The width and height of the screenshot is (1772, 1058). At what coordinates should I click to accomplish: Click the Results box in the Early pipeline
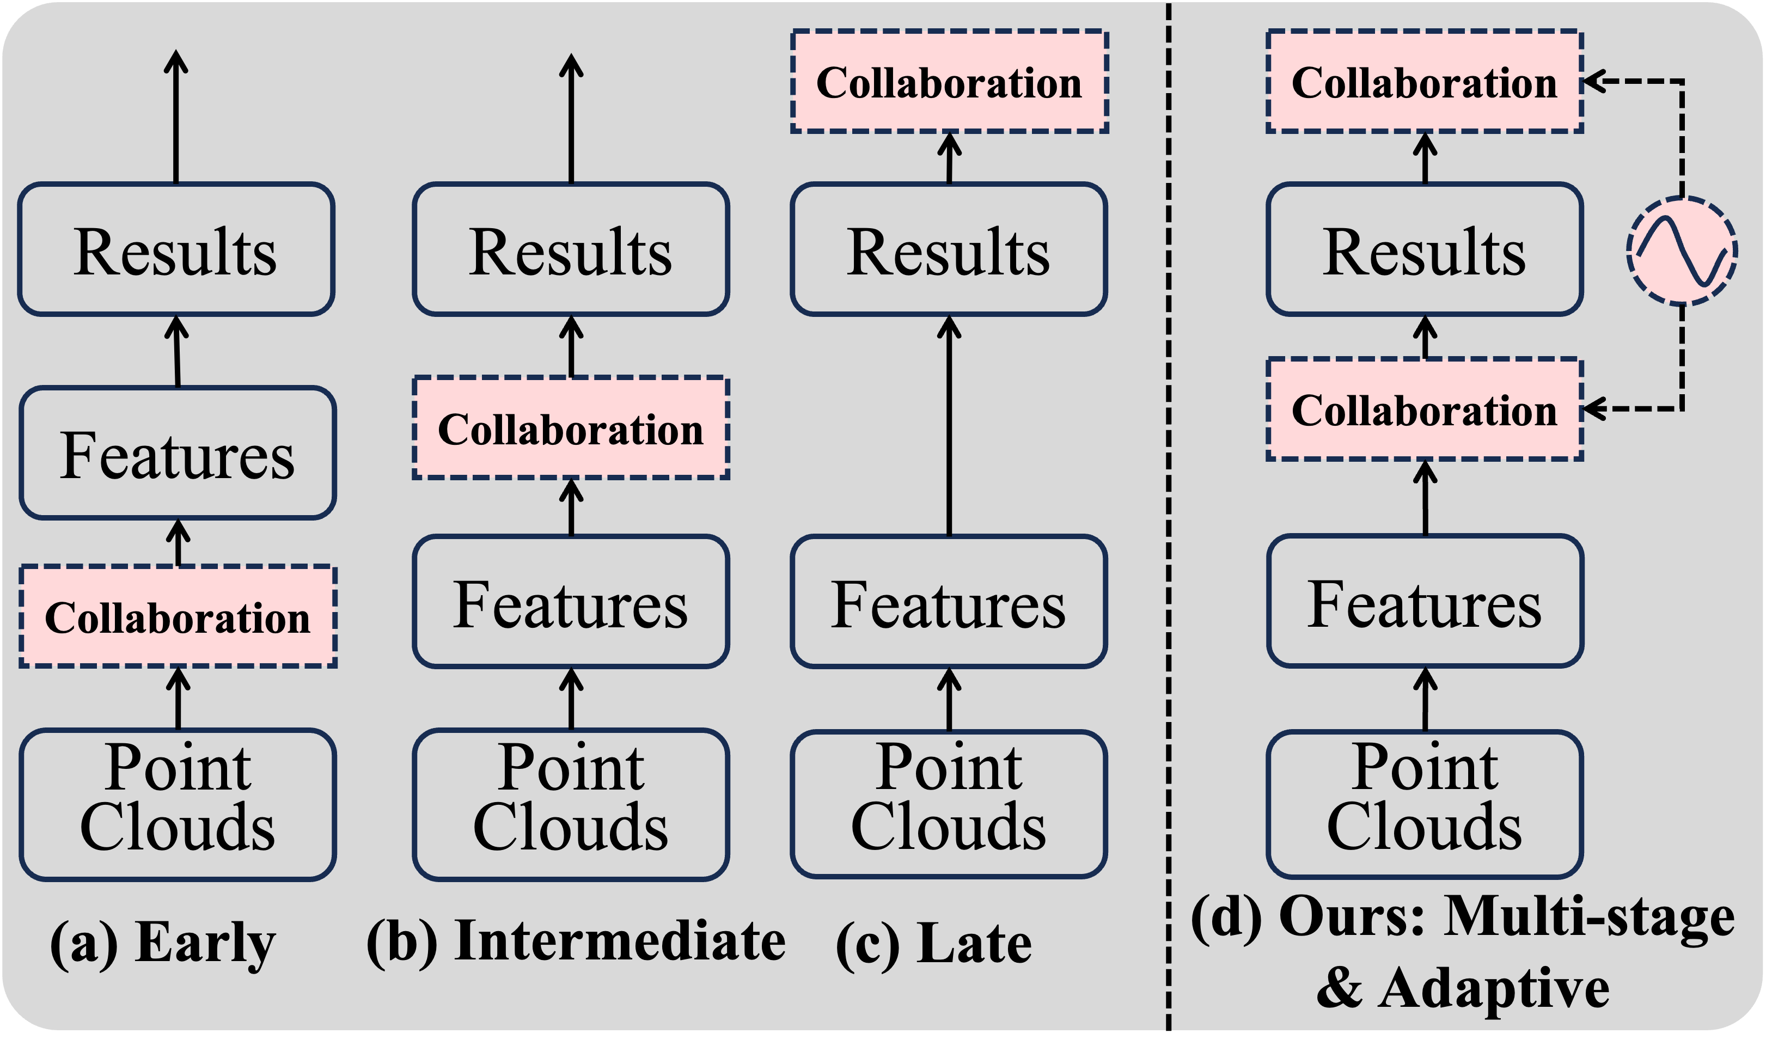[176, 249]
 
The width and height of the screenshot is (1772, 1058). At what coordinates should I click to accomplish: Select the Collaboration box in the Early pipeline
[178, 617]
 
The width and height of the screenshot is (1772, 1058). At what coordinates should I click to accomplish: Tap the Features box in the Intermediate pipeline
[570, 602]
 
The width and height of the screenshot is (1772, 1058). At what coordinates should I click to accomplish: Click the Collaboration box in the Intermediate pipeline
[570, 428]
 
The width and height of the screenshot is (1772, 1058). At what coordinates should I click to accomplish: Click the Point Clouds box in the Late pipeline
[949, 804]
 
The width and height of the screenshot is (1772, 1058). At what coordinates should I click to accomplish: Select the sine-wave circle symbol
[1682, 251]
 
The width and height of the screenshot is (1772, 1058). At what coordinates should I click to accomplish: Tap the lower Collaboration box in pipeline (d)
[1424, 409]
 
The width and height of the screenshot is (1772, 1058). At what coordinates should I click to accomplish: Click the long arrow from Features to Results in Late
[949, 428]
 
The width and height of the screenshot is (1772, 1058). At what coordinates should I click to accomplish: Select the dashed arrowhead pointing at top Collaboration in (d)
[1597, 81]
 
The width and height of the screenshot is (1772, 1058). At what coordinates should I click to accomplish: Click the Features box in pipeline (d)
[1424, 602]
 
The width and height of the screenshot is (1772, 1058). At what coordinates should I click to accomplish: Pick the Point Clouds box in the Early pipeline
[178, 804]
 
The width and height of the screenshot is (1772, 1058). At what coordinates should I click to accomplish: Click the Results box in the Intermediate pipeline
[570, 249]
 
